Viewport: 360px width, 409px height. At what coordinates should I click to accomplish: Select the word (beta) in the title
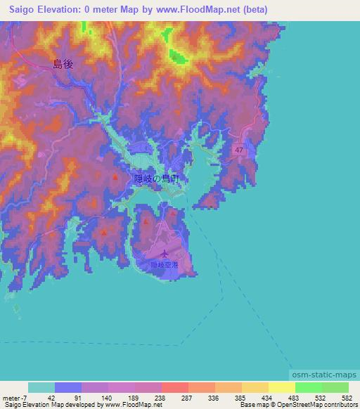coord(252,10)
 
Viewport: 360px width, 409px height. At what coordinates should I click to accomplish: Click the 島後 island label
coord(63,63)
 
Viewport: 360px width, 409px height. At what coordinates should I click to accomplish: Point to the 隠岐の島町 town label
coord(156,179)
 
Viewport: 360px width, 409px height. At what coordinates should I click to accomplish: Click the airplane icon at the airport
coord(165,254)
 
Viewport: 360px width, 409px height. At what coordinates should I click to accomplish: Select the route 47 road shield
coord(240,150)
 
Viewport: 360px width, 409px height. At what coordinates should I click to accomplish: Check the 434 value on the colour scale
coord(268,397)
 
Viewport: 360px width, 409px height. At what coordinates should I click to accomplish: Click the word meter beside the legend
coord(11,397)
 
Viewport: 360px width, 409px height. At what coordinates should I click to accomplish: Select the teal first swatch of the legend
coord(41,387)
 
